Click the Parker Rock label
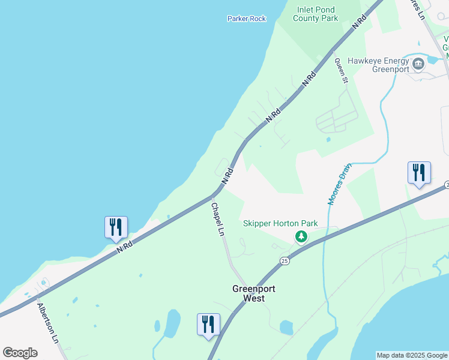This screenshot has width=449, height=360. tap(246, 19)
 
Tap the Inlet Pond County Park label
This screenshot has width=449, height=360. tap(315, 13)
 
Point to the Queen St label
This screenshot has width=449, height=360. tap(342, 71)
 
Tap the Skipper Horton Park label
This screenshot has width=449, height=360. tap(280, 224)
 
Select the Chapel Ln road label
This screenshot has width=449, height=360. tap(217, 218)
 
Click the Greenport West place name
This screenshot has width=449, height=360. tap(254, 293)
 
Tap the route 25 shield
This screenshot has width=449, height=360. tap(285, 260)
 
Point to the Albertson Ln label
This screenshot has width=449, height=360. tap(48, 322)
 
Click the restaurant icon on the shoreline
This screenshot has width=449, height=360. tap(116, 227)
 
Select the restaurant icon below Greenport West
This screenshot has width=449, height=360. tap(208, 325)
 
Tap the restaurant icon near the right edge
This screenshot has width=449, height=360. tap(418, 173)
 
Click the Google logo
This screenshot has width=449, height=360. tap(20, 352)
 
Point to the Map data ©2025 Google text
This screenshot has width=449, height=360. tap(412, 355)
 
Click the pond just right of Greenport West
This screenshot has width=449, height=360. tap(286, 327)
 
